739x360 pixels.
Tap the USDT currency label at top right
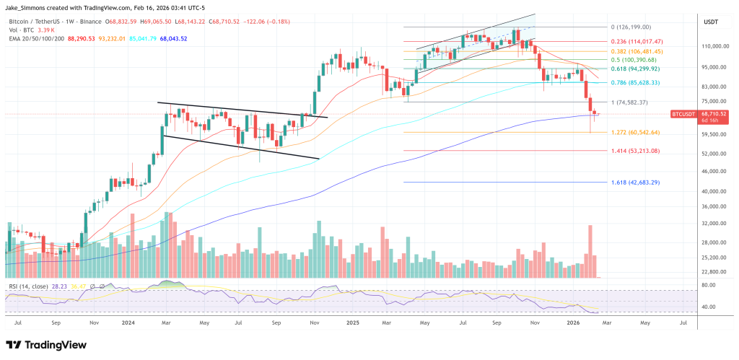pos(712,22)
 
